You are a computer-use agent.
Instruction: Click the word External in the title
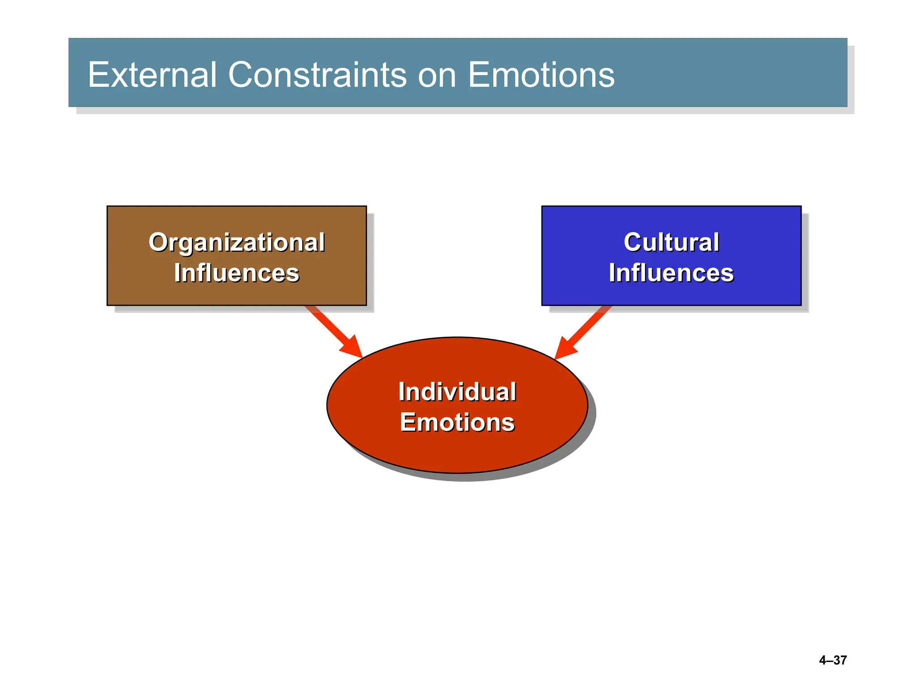click(x=152, y=75)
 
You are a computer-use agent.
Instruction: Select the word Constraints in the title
click(x=317, y=75)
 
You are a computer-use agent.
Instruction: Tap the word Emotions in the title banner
click(x=541, y=75)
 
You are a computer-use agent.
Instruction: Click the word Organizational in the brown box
click(x=237, y=243)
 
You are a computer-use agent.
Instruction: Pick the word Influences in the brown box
click(x=237, y=273)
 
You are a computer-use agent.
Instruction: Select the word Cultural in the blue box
click(x=671, y=242)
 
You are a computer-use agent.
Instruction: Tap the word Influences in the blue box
click(x=671, y=273)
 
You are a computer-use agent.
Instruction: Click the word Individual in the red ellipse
click(x=457, y=392)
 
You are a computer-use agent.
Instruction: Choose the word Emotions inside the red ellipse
click(x=457, y=422)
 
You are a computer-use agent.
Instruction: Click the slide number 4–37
click(x=833, y=660)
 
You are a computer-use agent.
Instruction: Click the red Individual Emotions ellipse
click(x=457, y=452)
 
